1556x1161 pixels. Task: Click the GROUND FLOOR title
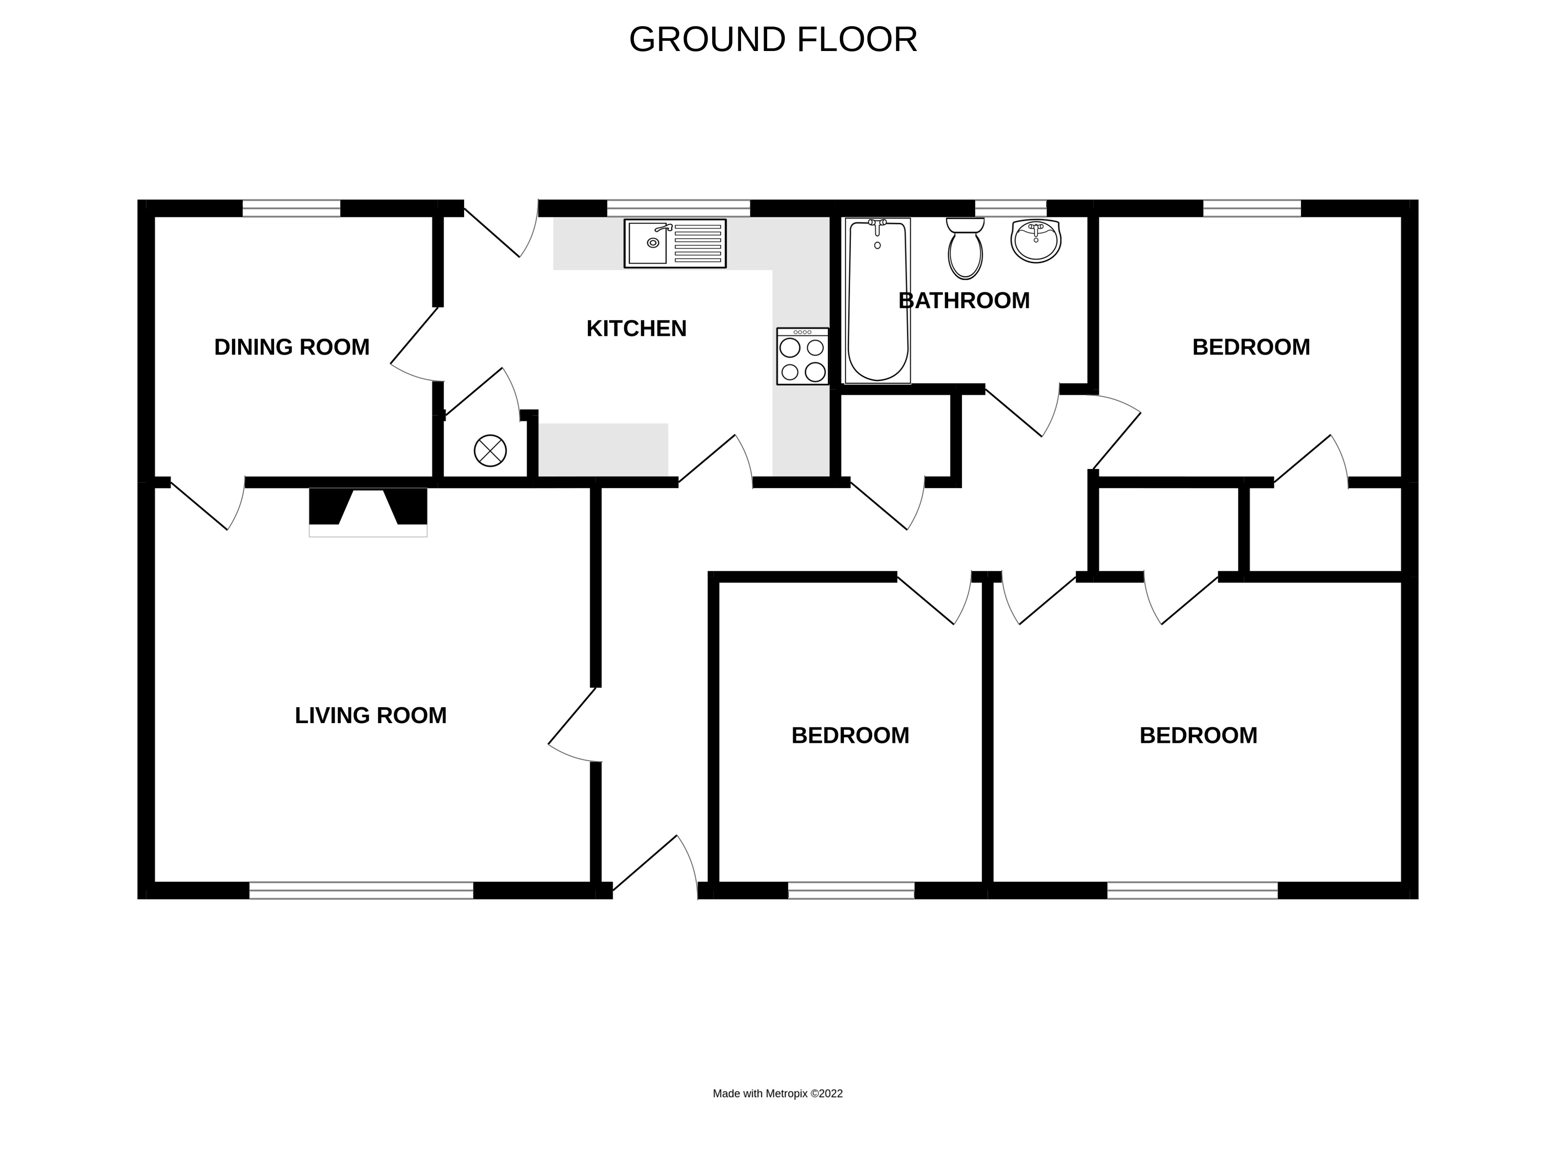(x=772, y=39)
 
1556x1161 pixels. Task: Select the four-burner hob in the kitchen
(x=802, y=356)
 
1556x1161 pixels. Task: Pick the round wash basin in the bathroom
(x=1035, y=240)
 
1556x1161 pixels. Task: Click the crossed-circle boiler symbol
(x=490, y=450)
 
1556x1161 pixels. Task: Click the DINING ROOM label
(x=292, y=347)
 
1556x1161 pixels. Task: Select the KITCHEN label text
(x=636, y=328)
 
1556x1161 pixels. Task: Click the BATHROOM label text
(x=964, y=301)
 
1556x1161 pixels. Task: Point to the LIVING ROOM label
(x=370, y=716)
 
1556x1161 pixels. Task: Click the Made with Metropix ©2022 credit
(x=777, y=1094)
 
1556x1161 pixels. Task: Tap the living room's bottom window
(x=361, y=890)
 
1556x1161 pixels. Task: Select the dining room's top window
(x=291, y=208)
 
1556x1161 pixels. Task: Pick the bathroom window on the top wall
(x=1010, y=208)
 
